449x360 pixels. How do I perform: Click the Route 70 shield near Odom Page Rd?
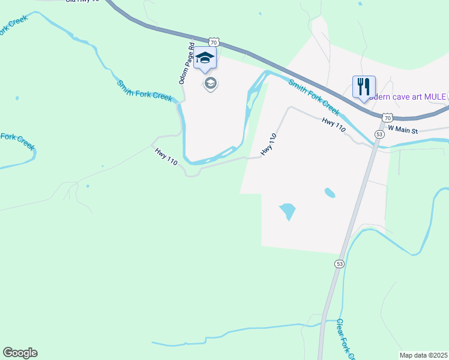coord(214,42)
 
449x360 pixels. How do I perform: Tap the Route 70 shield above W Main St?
coord(387,118)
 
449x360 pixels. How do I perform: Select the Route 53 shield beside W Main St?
coord(379,134)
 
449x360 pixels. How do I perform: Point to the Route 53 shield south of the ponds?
coord(340,264)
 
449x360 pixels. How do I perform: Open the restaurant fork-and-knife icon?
coord(364,88)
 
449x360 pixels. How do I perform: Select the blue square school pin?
coord(205,59)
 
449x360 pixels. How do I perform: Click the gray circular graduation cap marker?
coord(210,83)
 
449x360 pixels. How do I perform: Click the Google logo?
coord(20,353)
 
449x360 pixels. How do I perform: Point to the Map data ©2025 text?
coord(423,355)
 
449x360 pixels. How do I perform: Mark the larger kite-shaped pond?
coord(288,211)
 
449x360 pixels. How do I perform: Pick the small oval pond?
coord(330,193)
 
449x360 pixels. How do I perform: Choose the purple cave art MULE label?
coord(406,97)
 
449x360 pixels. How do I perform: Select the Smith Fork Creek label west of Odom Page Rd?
coord(144,91)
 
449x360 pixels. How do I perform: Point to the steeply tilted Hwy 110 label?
coord(268,145)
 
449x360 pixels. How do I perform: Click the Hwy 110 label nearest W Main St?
coord(334,125)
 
